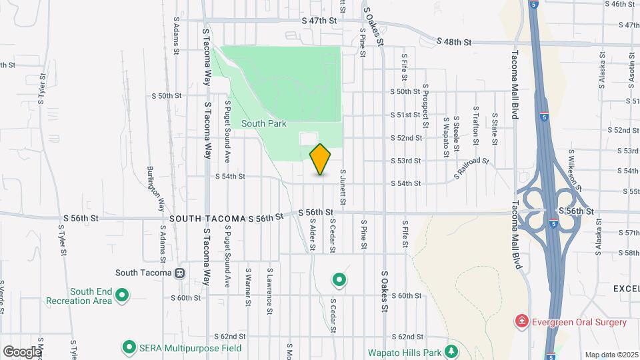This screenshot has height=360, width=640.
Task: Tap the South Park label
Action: tap(263, 123)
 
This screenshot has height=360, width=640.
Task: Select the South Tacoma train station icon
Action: tap(179, 273)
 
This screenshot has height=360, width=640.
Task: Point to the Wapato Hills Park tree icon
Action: tap(452, 351)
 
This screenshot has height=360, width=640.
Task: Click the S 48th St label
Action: tap(454, 42)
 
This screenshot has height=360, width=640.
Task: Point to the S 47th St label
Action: tap(319, 21)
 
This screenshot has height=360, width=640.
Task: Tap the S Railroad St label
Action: tap(471, 169)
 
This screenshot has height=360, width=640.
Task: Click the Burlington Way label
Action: tap(155, 189)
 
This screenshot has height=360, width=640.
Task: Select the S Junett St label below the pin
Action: tap(343, 187)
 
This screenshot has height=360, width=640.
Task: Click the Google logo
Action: tap(21, 351)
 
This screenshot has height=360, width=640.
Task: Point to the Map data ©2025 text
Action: tap(611, 355)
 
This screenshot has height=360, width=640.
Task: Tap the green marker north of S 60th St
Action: tap(339, 280)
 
